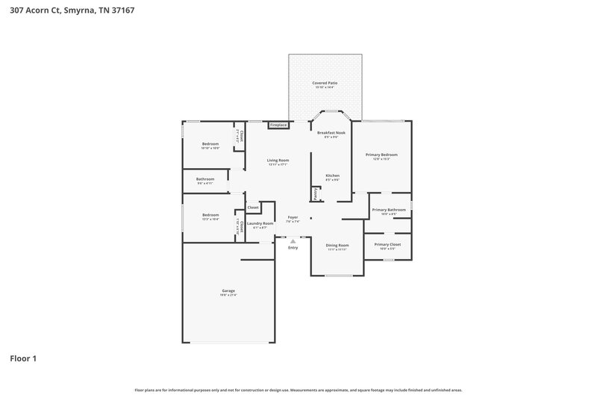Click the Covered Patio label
[325, 82]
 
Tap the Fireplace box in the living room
[278, 125]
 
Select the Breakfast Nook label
[331, 132]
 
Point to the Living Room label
[278, 160]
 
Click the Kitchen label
[332, 175]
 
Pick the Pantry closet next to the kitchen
[315, 193]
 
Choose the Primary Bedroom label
[381, 155]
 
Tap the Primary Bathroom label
[389, 210]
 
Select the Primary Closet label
[387, 244]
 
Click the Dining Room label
[337, 245]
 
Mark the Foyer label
[293, 217]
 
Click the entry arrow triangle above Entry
[293, 241]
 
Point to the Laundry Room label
[260, 223]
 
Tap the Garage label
[228, 290]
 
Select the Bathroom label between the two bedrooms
[205, 178]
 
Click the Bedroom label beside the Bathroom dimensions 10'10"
[210, 143]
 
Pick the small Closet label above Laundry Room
[253, 207]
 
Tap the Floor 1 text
[23, 358]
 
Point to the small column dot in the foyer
[311, 220]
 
